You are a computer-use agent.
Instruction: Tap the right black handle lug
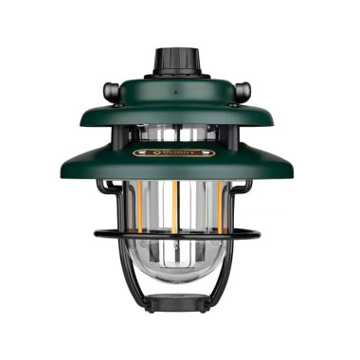pyautogui.click(x=243, y=91)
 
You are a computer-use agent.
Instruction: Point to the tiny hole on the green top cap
pyautogui.click(x=178, y=96)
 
